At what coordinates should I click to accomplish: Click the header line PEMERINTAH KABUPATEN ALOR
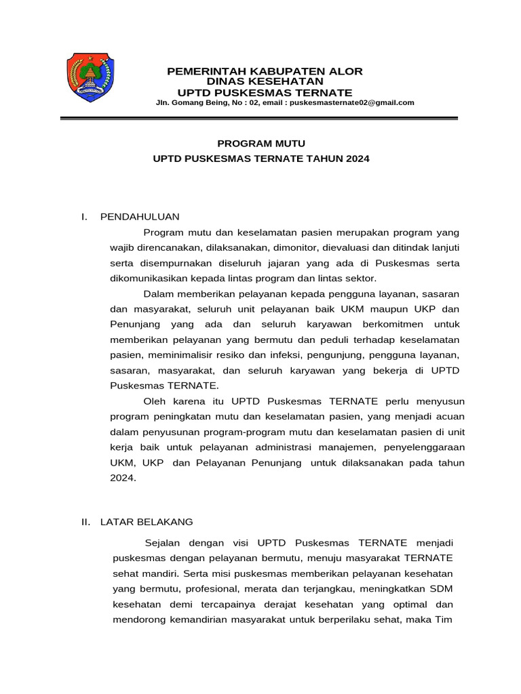point(265,71)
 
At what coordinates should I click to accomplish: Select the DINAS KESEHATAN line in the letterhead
point(265,81)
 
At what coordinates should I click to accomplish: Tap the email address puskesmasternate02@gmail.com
point(352,103)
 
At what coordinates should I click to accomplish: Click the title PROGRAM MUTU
point(261,144)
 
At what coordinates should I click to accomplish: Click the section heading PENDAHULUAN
point(140,217)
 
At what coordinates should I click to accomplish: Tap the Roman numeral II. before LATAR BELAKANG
point(86,522)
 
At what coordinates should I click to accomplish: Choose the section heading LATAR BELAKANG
point(147,522)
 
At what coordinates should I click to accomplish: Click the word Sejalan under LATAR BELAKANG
point(163,543)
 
